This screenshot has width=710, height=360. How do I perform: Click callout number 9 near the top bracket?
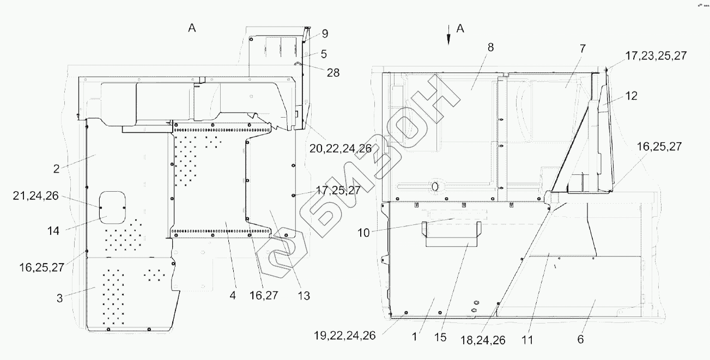325,34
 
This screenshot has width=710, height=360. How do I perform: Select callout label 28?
333,73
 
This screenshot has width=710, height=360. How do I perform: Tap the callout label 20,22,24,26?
341,148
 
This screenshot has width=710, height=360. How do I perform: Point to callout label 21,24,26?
36,196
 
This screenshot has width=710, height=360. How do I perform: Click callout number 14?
53,231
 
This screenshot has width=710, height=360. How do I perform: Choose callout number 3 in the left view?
59,298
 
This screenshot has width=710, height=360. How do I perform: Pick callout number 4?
233,296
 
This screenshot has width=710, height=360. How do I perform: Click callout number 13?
304,296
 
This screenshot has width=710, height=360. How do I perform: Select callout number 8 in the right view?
490,47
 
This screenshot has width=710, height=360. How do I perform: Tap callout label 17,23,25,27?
656,56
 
